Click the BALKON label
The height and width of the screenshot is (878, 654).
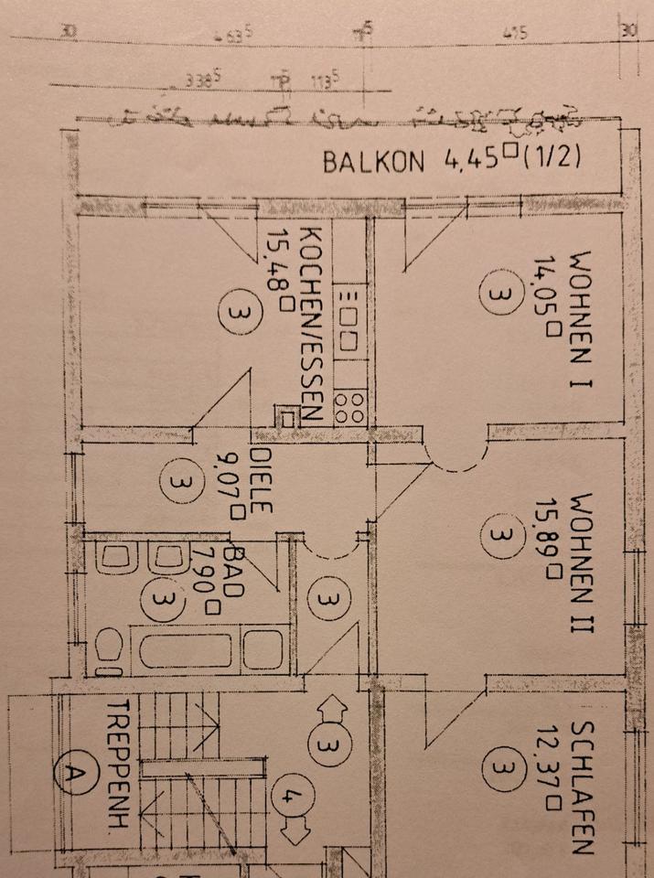[374, 162]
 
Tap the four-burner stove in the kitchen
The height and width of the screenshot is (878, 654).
[350, 406]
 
